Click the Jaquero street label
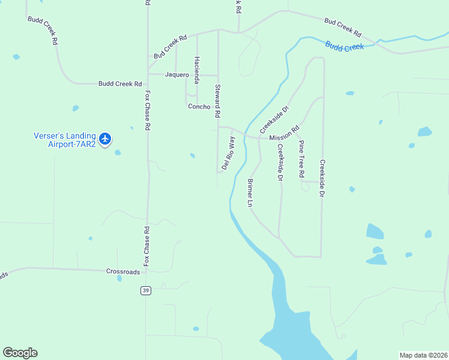[177, 75]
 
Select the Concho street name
[199, 107]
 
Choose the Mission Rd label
[284, 134]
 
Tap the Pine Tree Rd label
[302, 159]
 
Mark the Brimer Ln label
[250, 193]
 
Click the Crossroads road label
[123, 271]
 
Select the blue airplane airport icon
[106, 139]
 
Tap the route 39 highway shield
[145, 290]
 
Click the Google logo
[20, 353]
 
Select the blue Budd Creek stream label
[345, 47]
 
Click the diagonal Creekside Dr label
[275, 119]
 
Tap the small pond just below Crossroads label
[119, 278]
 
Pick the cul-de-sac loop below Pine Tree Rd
[306, 187]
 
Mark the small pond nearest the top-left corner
[16, 57]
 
